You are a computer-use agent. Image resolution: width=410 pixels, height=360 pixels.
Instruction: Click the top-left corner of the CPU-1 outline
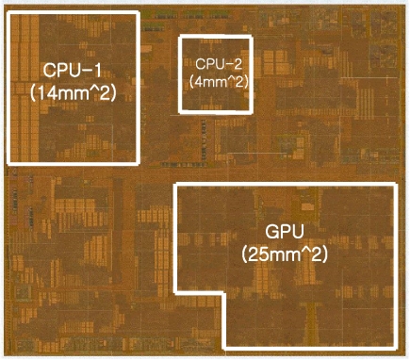coord(8,13)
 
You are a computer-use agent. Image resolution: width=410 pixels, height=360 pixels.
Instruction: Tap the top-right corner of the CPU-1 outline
coord(139,13)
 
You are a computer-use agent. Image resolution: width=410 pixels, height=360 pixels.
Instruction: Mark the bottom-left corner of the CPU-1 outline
coord(8,163)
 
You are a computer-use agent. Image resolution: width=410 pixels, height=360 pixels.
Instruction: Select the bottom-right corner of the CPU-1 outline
coord(139,163)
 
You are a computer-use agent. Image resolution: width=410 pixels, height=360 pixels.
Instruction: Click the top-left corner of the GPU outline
coord(176,186)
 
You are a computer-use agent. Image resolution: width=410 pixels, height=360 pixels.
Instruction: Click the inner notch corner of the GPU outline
coord(223,294)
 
